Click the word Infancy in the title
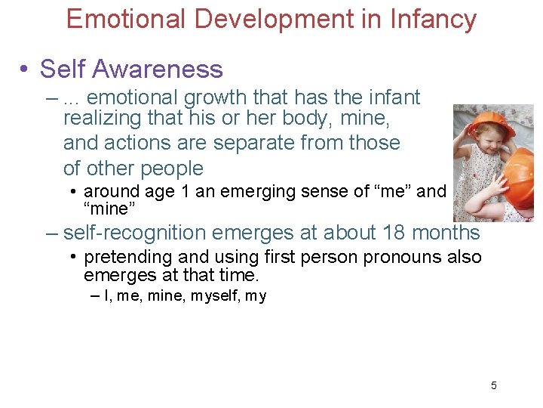(x=432, y=19)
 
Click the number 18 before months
(x=394, y=233)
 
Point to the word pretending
(x=124, y=258)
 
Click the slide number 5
(x=494, y=386)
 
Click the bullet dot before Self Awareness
(x=25, y=70)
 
